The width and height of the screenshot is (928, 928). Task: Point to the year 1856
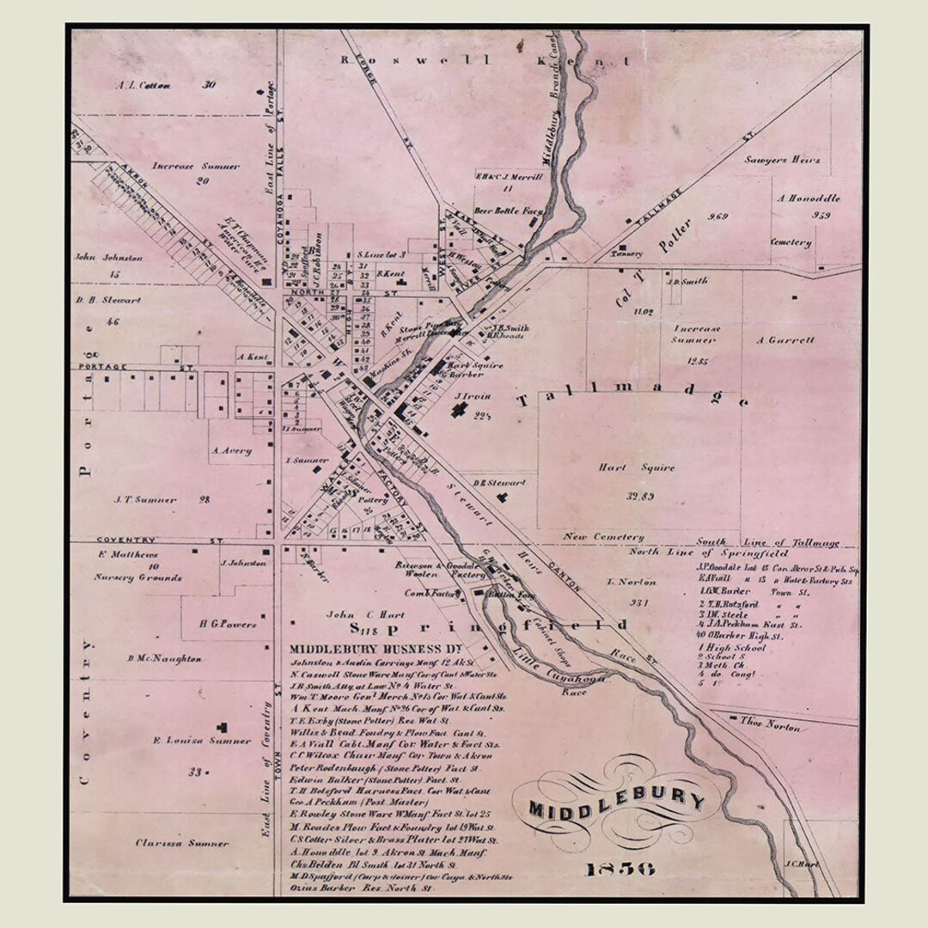620,869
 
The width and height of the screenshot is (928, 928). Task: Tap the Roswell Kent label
485,61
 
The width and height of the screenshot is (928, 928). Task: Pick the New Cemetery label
603,537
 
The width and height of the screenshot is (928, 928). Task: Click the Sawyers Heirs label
783,160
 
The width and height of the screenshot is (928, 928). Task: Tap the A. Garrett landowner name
785,340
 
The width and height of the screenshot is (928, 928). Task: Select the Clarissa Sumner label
182,843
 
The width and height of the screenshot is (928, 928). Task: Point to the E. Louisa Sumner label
201,741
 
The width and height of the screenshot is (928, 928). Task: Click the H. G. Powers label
227,625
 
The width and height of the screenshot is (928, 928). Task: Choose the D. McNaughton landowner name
164,659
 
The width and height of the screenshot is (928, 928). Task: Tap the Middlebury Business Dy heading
376,650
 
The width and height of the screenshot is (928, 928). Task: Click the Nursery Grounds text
137,578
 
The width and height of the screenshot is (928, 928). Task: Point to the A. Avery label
230,450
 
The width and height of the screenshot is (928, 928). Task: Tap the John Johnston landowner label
108,257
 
